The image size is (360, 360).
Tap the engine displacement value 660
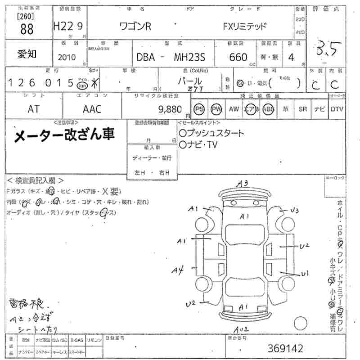(x=238, y=57)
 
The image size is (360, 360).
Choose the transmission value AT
(x=33, y=109)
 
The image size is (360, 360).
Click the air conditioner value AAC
(x=92, y=109)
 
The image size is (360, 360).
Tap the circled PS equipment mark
(x=199, y=109)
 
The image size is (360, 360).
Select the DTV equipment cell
(x=337, y=109)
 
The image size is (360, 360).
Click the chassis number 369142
(x=286, y=348)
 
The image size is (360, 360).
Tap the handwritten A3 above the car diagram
(x=243, y=183)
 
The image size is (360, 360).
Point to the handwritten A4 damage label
(x=178, y=270)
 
